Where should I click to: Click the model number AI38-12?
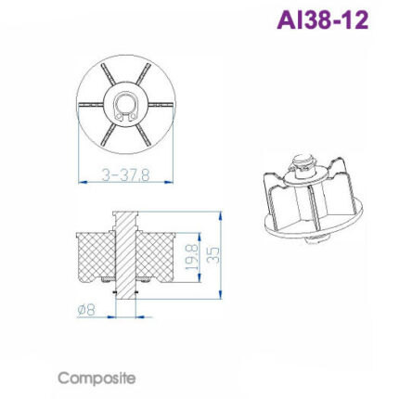[322, 19]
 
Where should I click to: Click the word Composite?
[97, 379]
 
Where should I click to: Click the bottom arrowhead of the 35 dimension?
[221, 299]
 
